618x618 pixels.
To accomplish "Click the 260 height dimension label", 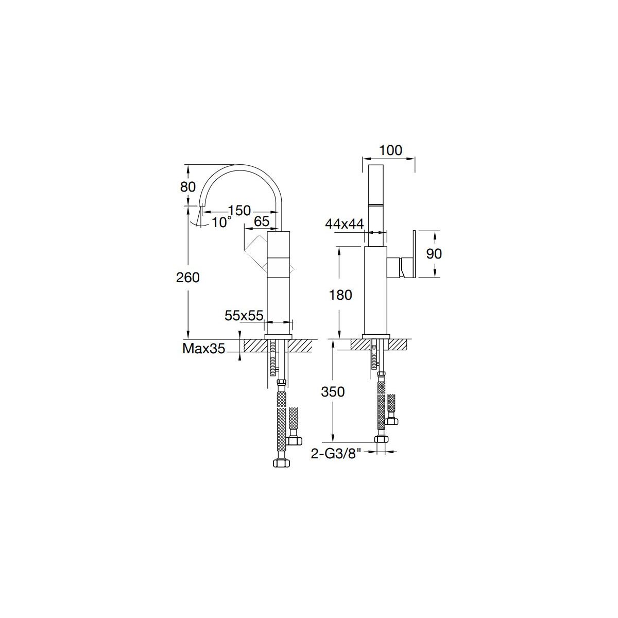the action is tap(187, 278).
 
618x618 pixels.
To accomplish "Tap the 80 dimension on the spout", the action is tap(187, 186).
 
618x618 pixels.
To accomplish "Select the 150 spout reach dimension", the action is tap(239, 211).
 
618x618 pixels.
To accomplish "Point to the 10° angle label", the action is tap(221, 222).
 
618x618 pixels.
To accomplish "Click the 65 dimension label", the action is tap(262, 221).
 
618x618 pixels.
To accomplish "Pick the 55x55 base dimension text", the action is tap(244, 316).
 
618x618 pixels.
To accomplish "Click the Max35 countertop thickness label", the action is tap(203, 348).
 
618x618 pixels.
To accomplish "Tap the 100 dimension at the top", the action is tap(390, 150).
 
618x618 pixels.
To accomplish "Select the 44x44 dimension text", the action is tap(345, 224).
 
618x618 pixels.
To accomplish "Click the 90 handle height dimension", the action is tap(434, 254).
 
